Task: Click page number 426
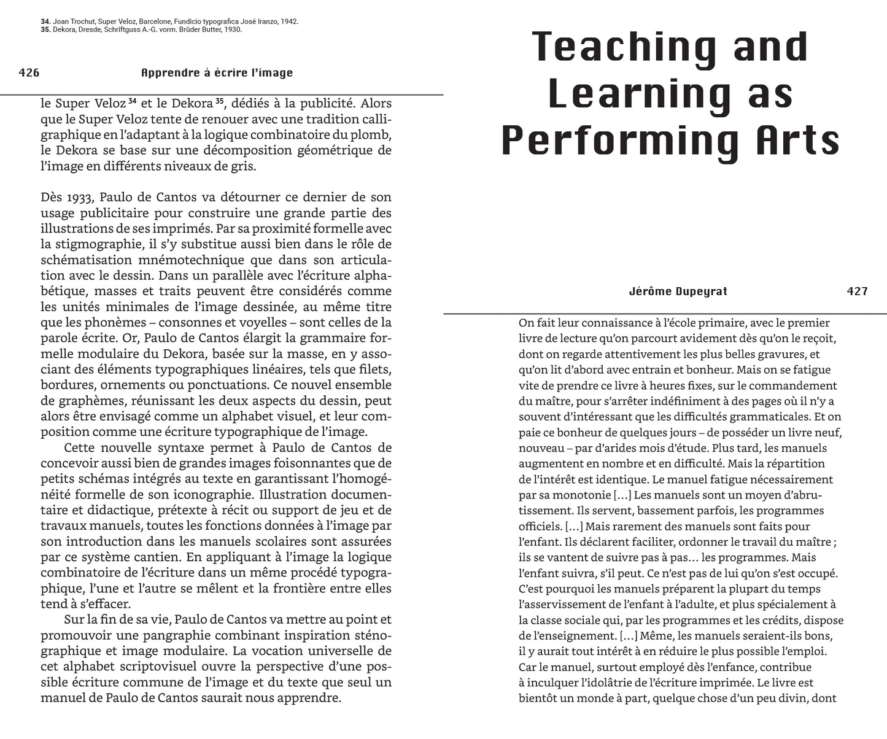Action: point(29,73)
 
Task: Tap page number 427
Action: point(857,292)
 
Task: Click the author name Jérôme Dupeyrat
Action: point(678,292)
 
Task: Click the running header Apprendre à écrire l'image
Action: point(217,73)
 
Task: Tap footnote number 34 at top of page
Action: point(45,21)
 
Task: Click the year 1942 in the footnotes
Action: point(290,21)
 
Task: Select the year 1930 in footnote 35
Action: point(233,29)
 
